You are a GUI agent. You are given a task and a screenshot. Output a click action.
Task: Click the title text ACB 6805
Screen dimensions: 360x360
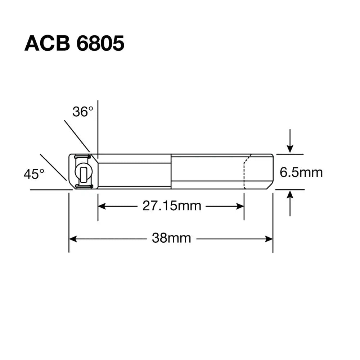[74, 44]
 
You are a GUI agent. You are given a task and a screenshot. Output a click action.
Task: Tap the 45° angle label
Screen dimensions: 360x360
[34, 175]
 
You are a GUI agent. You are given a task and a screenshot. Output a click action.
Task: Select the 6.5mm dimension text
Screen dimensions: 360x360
[301, 173]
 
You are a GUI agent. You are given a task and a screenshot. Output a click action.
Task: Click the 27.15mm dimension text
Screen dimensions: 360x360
[171, 206]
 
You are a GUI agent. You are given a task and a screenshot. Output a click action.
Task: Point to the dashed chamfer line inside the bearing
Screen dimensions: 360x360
[245, 173]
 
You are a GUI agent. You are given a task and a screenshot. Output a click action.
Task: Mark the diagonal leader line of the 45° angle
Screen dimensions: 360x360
[53, 167]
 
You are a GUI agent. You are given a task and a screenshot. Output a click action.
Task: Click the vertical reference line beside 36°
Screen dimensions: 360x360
[98, 126]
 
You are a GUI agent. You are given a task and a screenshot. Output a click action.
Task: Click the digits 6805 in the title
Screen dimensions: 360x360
[100, 44]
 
